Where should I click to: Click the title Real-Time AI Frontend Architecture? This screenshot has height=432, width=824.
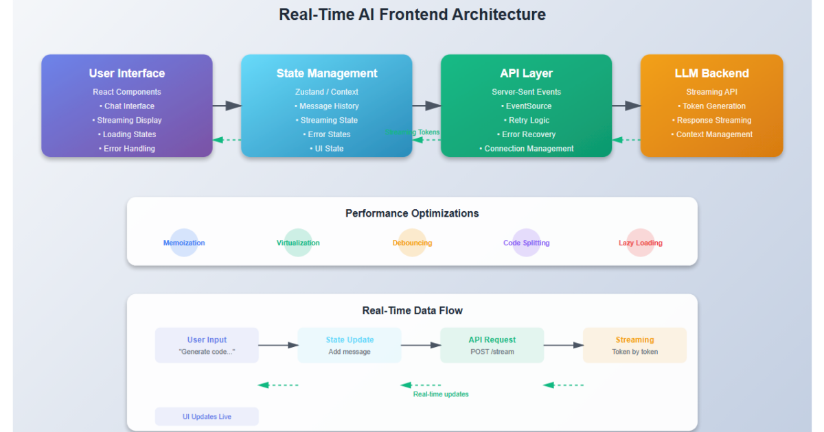coord(412,14)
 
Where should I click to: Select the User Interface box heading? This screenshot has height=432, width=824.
coord(127,73)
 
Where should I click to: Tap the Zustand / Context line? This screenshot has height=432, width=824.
coord(327,92)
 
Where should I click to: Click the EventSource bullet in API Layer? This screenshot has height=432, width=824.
coord(526,106)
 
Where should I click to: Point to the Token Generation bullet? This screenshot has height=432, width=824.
coord(711,106)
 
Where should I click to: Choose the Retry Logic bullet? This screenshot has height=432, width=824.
coord(526,120)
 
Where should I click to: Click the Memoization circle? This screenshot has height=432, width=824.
coord(184,243)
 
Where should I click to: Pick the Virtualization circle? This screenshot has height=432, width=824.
coord(298,243)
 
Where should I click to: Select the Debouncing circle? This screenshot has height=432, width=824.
coord(412,243)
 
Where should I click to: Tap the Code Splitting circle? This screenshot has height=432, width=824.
coord(527,243)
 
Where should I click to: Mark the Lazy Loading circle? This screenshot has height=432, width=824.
coord(641,243)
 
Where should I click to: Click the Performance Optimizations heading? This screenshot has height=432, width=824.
coord(412,213)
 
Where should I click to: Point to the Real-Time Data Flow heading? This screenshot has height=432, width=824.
coord(412,311)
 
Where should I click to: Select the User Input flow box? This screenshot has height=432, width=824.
coord(207,345)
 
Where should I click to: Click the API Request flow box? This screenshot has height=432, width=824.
coord(492,345)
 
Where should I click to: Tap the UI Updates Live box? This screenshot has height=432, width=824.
coord(207,416)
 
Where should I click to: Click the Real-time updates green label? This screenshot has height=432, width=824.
coord(441,394)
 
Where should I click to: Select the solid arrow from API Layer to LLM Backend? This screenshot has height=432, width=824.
coord(626,106)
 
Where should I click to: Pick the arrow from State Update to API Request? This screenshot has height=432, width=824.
coord(421,345)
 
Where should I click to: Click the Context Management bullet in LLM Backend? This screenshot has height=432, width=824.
coord(711,134)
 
